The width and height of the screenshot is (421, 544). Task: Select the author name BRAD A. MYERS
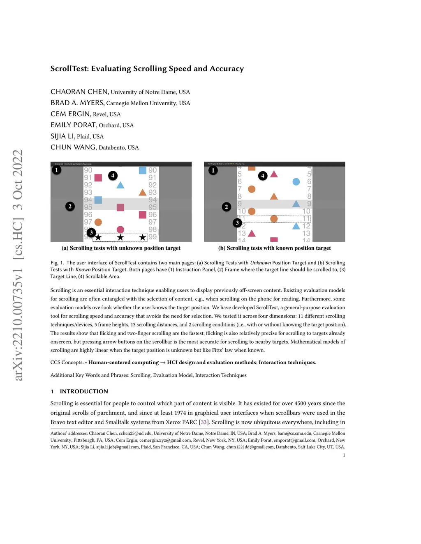point(77,103)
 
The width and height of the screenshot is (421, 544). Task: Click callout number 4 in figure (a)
point(113,175)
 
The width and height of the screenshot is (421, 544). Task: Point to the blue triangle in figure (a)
point(120,185)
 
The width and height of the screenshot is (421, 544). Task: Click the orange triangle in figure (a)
point(143,192)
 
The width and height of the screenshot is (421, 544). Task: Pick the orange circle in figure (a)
point(98,222)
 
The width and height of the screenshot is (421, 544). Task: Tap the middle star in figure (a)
point(120,237)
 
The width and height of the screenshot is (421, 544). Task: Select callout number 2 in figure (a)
point(70,206)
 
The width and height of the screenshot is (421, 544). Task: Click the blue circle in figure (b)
point(296,181)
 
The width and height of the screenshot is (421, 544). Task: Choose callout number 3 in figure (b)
point(237,223)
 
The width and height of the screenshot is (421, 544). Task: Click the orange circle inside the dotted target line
point(274,219)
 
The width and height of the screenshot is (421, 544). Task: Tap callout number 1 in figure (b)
point(213,170)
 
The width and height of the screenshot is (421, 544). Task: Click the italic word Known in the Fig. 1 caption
point(83,269)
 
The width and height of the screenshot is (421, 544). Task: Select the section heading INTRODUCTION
point(84,391)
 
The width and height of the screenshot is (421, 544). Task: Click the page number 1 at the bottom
point(344,455)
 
